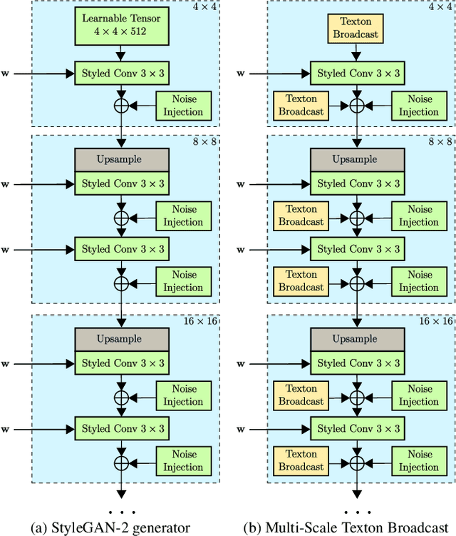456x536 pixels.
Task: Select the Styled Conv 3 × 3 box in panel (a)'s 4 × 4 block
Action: (122, 72)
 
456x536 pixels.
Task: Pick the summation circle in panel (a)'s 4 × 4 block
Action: (122, 106)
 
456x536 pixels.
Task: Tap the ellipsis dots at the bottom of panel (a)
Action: (122, 512)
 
